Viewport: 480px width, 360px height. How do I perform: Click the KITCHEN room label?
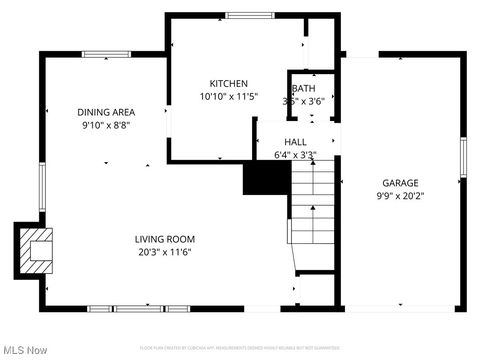tap(228, 83)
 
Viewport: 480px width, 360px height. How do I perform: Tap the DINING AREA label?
tap(107, 112)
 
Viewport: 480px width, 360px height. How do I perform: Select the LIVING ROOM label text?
tap(165, 239)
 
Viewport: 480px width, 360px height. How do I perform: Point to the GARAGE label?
tap(400, 183)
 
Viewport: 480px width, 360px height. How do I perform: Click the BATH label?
tap(304, 89)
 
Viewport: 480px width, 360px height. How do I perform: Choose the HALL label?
tap(295, 143)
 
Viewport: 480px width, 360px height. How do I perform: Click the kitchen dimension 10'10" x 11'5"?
tap(229, 97)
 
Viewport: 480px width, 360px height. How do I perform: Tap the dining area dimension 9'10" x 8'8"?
tap(107, 125)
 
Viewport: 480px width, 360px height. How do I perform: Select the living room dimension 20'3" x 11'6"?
tap(165, 252)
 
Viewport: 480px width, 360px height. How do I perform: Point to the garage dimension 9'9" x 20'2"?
tap(400, 196)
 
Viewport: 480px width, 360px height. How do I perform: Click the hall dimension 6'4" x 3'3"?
tap(295, 155)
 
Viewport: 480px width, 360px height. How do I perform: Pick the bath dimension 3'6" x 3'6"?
tap(304, 101)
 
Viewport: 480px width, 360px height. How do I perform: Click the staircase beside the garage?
tap(314, 205)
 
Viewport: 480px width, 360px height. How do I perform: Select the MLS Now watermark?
tap(25, 350)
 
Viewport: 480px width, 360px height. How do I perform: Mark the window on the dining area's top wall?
tap(106, 54)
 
